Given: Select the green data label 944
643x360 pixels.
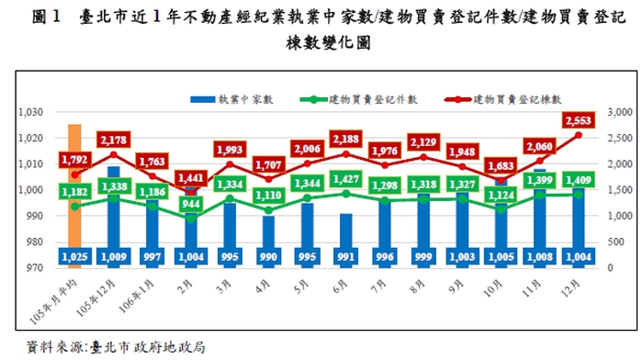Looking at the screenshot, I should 192,204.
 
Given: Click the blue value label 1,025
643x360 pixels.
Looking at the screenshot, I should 74,255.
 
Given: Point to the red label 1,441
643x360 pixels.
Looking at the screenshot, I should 192,178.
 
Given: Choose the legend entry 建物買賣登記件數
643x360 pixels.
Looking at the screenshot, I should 362,98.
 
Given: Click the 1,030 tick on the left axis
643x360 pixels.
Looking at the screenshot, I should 30,112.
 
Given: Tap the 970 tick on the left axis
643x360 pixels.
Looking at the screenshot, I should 33,268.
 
